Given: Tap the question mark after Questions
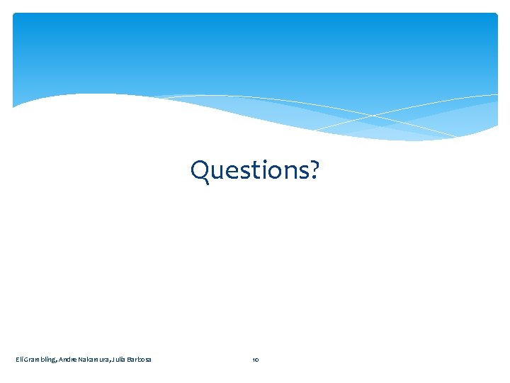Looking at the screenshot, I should click(x=314, y=171).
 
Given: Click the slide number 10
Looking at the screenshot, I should click(x=255, y=360).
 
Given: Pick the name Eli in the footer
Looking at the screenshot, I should click(x=19, y=360).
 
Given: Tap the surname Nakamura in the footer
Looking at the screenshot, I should click(x=95, y=360).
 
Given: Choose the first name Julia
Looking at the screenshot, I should click(x=120, y=360).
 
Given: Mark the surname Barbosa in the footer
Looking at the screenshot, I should click(x=140, y=360).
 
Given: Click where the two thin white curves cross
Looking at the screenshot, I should click(x=373, y=115).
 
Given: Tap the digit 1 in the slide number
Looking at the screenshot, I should click(x=253, y=360).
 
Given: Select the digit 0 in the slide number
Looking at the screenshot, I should click(x=257, y=360).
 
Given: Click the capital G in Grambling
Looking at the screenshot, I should click(x=26, y=360).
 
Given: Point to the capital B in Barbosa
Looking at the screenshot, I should click(x=130, y=360).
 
